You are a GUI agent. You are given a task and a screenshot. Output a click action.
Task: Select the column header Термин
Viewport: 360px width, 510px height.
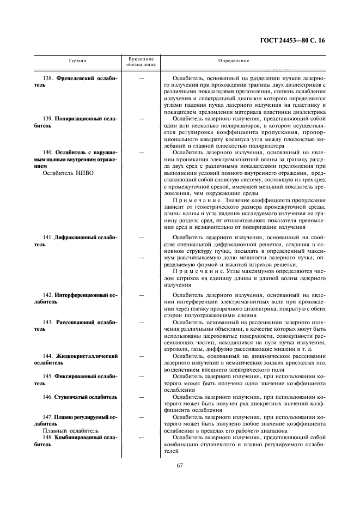pyautogui.click(x=77, y=61)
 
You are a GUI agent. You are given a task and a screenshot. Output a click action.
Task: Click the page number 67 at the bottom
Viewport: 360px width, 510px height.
pyautogui.click(x=180, y=465)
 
